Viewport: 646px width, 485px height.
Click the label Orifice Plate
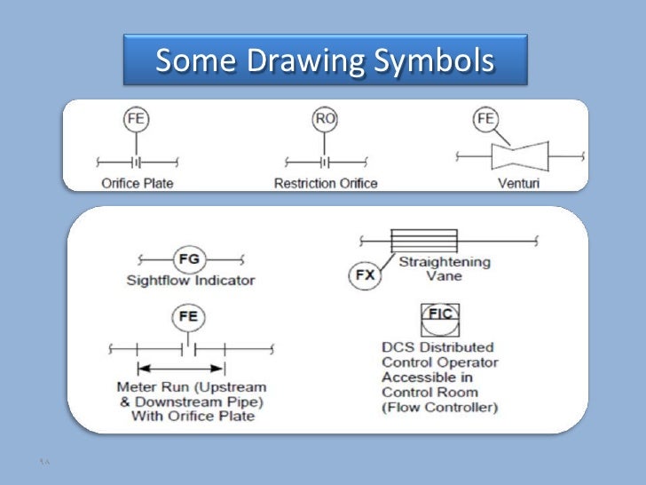tap(137, 184)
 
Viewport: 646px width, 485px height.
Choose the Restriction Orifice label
tap(325, 184)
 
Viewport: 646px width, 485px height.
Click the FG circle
tap(190, 259)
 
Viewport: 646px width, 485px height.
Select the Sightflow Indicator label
tap(190, 281)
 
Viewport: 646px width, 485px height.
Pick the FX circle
tap(365, 275)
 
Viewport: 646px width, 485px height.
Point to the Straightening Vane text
tap(443, 269)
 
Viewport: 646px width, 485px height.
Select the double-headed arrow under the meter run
tap(181, 368)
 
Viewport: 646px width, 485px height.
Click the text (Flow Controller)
tap(440, 408)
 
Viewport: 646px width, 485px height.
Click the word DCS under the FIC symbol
tap(398, 347)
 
